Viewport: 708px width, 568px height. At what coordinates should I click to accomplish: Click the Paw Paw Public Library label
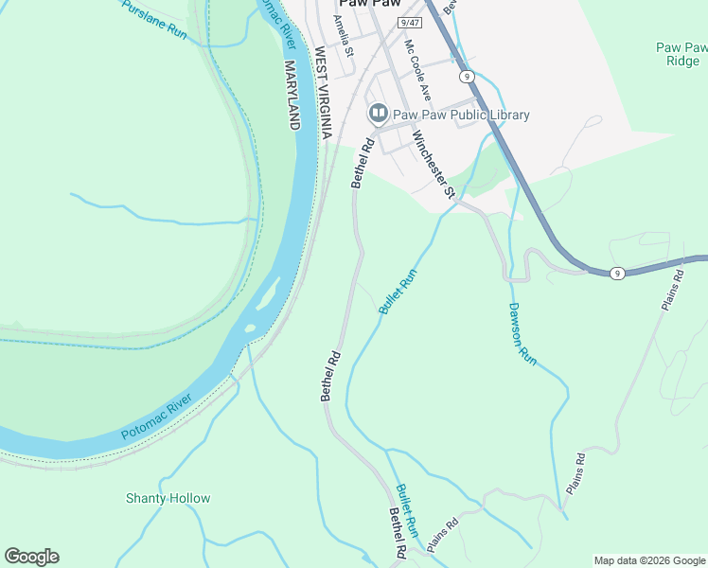pos(462,115)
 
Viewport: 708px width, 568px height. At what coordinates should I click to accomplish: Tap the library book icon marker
pos(378,115)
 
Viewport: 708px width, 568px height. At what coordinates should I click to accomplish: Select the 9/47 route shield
pos(409,21)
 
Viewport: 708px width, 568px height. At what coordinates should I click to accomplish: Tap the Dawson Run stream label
pos(522,334)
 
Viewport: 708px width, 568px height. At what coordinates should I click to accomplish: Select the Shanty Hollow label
pos(168,498)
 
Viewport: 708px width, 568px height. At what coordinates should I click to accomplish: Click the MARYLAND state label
pos(293,95)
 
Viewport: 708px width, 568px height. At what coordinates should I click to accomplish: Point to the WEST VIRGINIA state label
pos(322,93)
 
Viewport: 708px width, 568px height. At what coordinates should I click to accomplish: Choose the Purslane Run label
pos(155,18)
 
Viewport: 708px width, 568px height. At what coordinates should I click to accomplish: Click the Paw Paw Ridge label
pos(681,53)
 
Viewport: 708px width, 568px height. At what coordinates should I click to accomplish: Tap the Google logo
pos(31,557)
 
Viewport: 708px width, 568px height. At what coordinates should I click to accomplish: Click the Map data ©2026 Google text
pos(649,560)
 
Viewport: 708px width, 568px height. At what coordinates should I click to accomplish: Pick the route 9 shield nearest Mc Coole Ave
pos(466,75)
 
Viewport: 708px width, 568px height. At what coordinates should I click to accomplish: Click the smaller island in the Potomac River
pos(251,328)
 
